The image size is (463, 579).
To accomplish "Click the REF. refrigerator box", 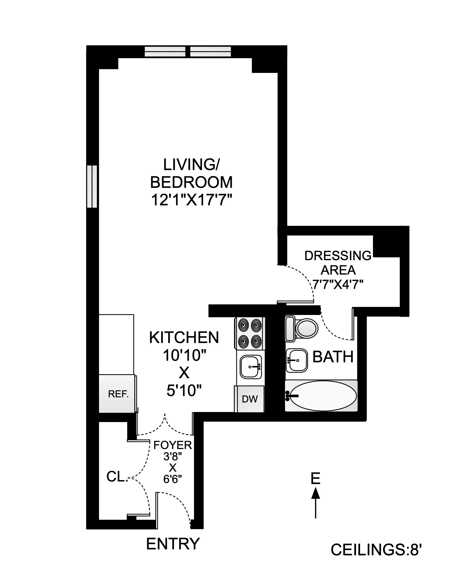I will coord(117,394).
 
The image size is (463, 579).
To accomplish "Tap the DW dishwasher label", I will coord(250,399).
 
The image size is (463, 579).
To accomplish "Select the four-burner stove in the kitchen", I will coord(250,333).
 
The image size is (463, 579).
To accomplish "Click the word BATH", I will coord(333,357).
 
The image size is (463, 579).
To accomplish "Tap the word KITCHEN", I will coord(184,338).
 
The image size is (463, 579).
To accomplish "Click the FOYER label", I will coord(173,445).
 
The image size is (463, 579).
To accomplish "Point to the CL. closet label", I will coord(117,477).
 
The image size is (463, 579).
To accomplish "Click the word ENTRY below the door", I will coord(173,544).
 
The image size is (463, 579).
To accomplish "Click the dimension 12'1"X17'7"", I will coord(191,200).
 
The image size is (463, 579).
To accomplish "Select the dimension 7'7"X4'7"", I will coord(338,284).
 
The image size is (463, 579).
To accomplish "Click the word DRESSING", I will coord(338,256).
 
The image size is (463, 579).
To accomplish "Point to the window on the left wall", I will coord(92,186).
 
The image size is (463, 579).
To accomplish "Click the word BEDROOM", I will coord(191,182).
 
